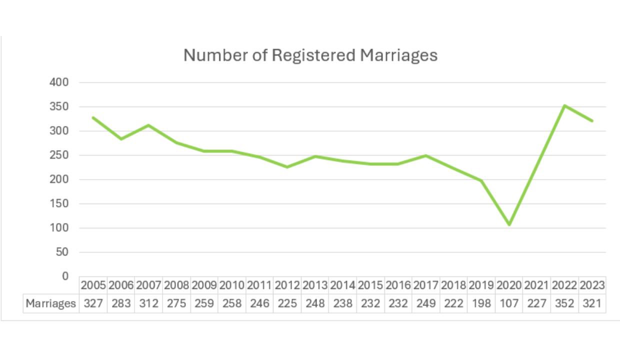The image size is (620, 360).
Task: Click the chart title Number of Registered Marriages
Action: pos(310,55)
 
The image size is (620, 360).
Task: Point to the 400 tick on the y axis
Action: pos(59,82)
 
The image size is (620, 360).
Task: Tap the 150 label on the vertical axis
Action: pos(59,204)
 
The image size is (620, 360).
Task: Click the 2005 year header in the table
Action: pos(93,285)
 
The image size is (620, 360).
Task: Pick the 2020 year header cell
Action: pos(509,285)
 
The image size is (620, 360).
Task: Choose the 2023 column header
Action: pos(592,285)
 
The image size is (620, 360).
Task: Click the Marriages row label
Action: pos(51,303)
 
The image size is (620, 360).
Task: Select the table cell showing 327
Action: pos(93,303)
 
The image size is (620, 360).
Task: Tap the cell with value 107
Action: pos(509,303)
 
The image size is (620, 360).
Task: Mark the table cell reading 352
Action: pos(564,303)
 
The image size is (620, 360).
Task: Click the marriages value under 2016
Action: pos(398,303)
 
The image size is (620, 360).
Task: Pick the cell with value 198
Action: pos(481,303)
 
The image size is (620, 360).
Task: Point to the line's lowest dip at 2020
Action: pos(509,224)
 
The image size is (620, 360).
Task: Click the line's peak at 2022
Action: pos(564,105)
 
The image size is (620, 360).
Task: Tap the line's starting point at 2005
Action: pos(93,117)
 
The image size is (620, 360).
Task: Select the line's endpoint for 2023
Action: pos(592,120)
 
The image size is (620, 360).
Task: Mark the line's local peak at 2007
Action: pos(148,125)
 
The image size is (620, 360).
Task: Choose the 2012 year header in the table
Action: pos(287,285)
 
